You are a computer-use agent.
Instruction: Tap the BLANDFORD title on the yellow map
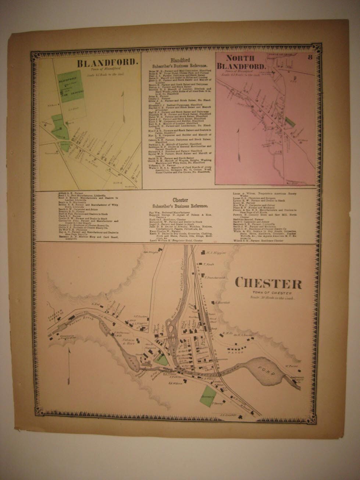[108, 63]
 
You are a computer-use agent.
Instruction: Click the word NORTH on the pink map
[239, 58]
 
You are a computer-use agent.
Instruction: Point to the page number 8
[310, 57]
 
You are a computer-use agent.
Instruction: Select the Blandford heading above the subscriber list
[180, 60]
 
